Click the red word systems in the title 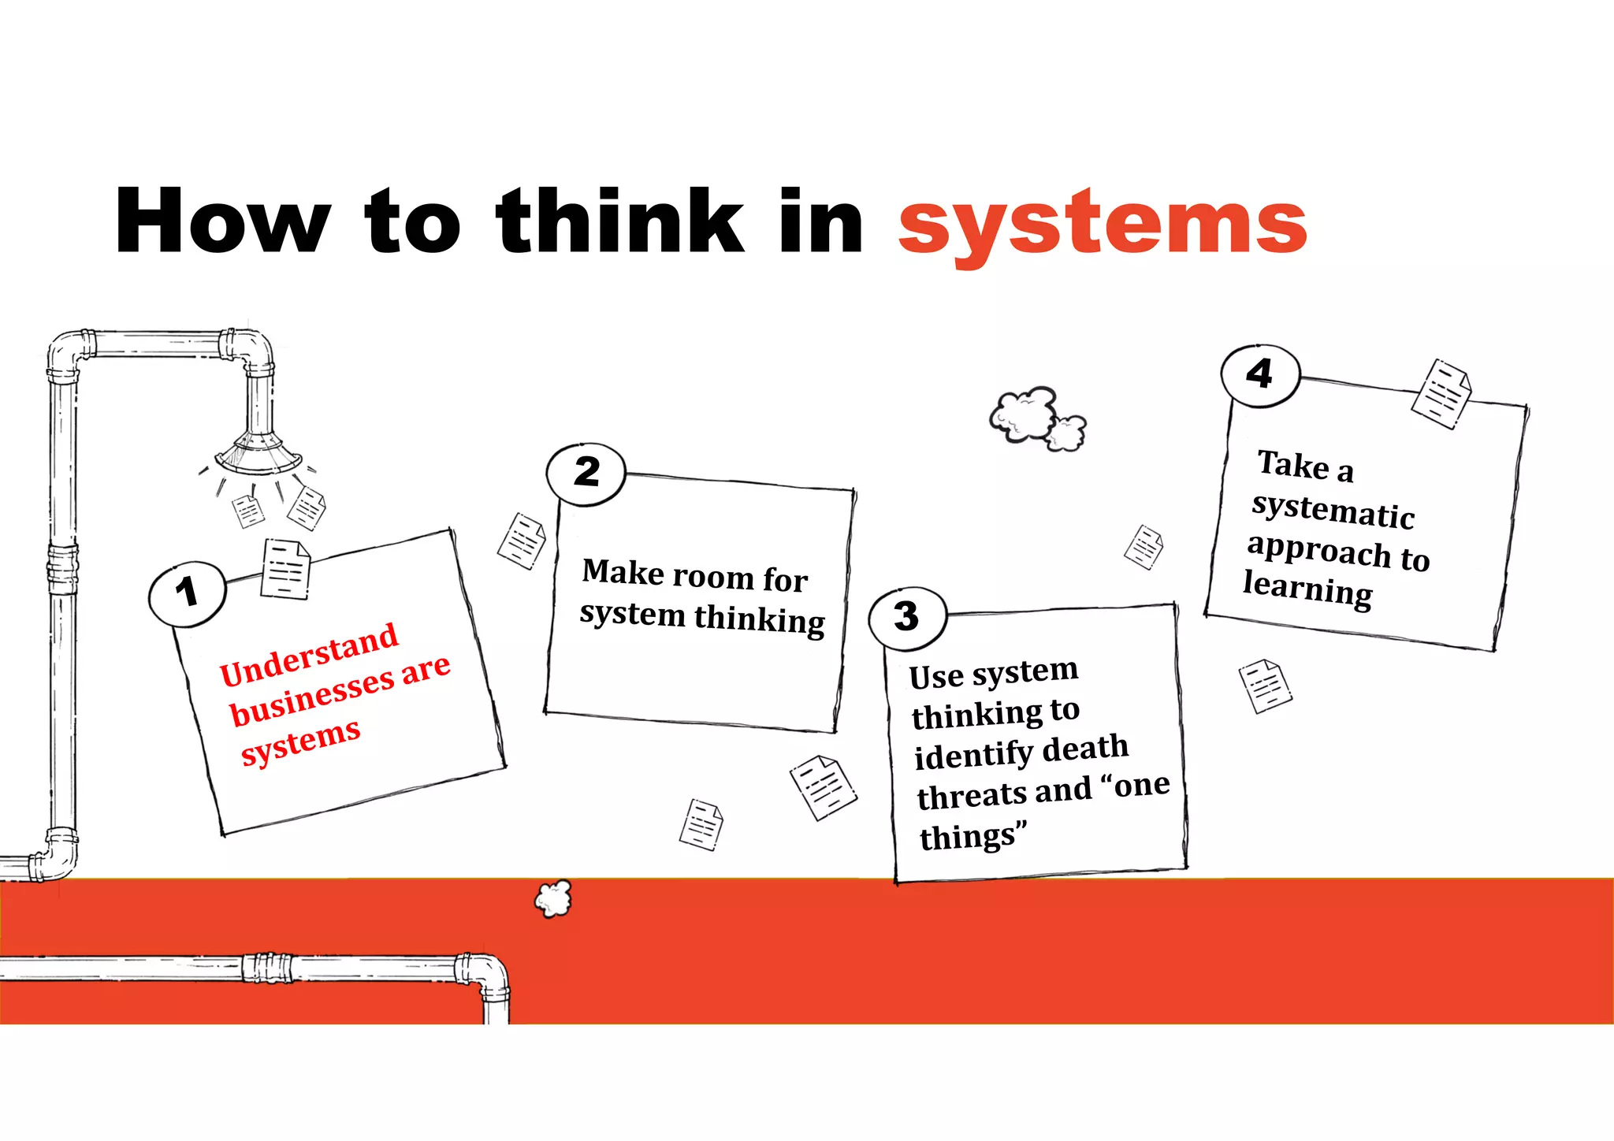(x=1102, y=225)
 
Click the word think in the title (x=619, y=221)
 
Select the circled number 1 (x=187, y=593)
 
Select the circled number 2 (x=586, y=474)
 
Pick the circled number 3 (x=906, y=617)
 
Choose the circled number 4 (x=1259, y=374)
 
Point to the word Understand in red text (x=309, y=654)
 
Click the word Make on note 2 (x=623, y=572)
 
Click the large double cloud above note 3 (x=1036, y=418)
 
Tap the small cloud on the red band (x=553, y=898)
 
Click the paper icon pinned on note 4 (x=1441, y=393)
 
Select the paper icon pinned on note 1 (x=285, y=569)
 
